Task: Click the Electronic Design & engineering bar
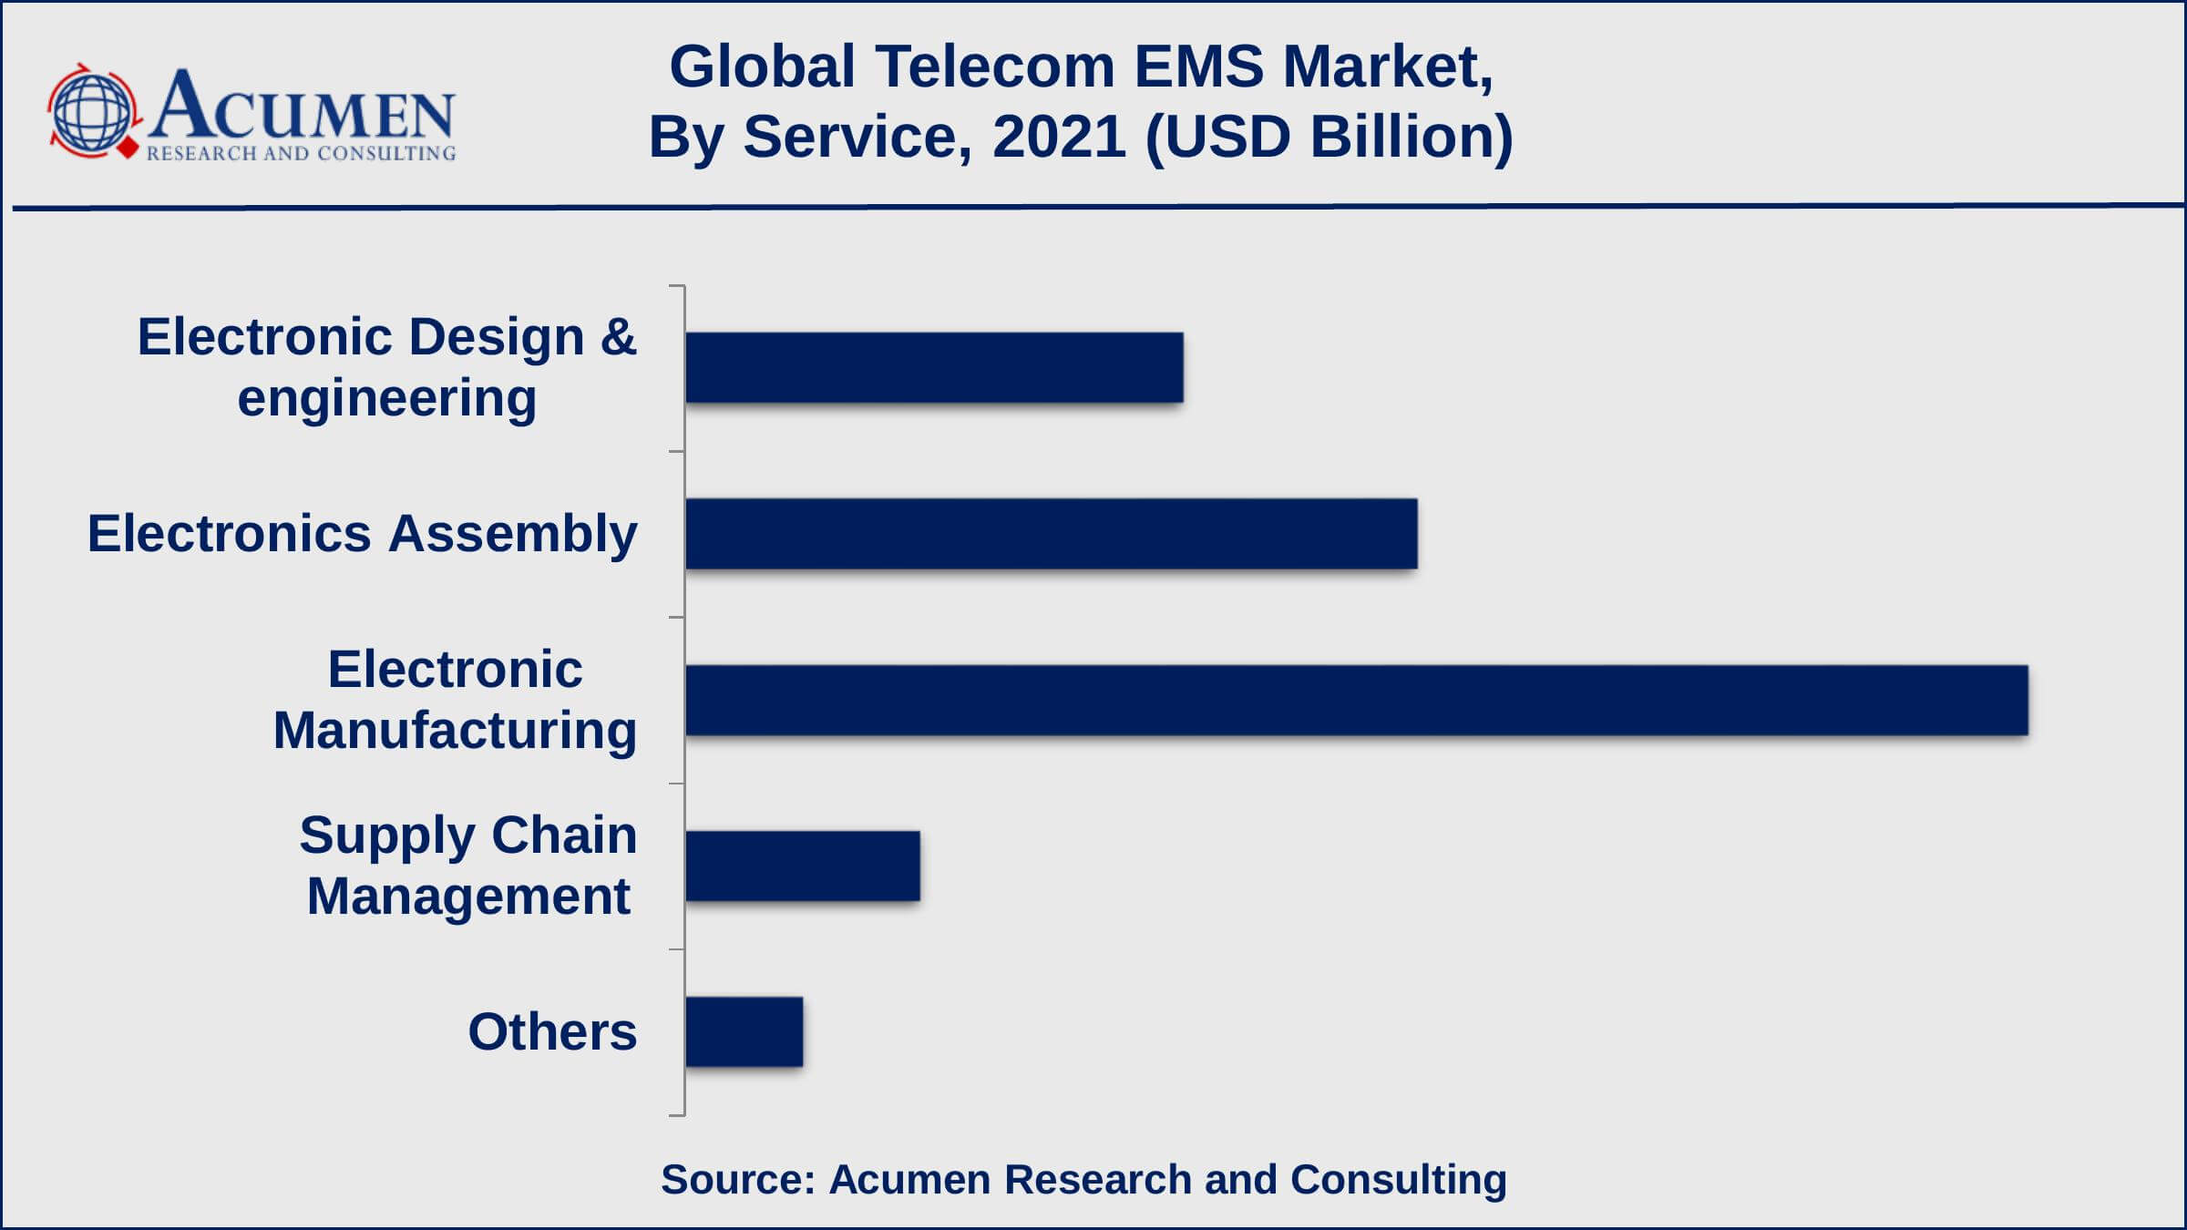coord(934,367)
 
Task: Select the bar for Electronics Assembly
coord(1051,534)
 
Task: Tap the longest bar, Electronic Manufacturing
coord(1356,700)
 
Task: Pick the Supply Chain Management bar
coord(802,866)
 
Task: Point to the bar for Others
coord(744,1031)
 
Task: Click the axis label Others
coord(552,1031)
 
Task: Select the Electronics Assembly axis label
coord(362,533)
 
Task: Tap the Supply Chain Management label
coord(467,866)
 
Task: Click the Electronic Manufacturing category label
coord(455,700)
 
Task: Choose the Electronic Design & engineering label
coord(386,367)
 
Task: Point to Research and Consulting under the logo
coord(301,153)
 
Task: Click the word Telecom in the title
coord(995,67)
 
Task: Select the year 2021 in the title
coord(1059,137)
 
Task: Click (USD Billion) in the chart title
coord(1329,137)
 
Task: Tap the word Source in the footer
coord(736,1179)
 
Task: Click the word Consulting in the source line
coord(1398,1179)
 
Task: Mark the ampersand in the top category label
coord(618,337)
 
